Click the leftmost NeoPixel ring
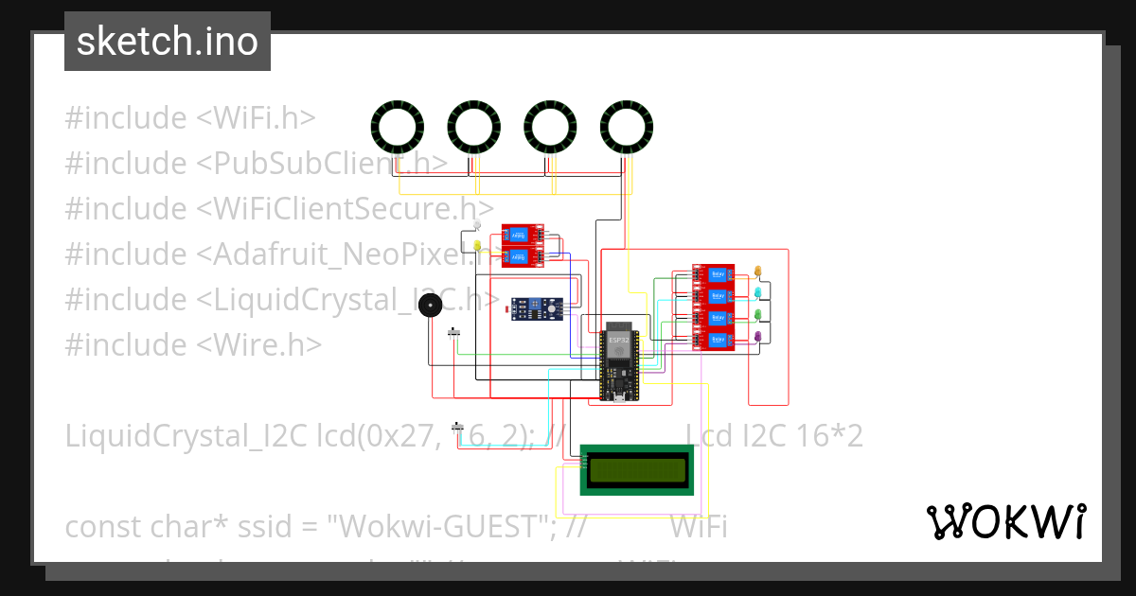(397, 127)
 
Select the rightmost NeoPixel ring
(627, 127)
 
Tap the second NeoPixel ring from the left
(473, 127)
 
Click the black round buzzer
(431, 305)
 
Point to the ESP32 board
(618, 364)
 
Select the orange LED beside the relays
(758, 272)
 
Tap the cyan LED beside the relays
(758, 293)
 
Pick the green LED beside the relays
(758, 315)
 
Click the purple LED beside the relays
(758, 336)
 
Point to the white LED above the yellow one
(477, 226)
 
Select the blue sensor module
(537, 307)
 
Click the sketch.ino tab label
(168, 42)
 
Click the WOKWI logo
(1005, 521)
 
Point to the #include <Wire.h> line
(193, 344)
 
